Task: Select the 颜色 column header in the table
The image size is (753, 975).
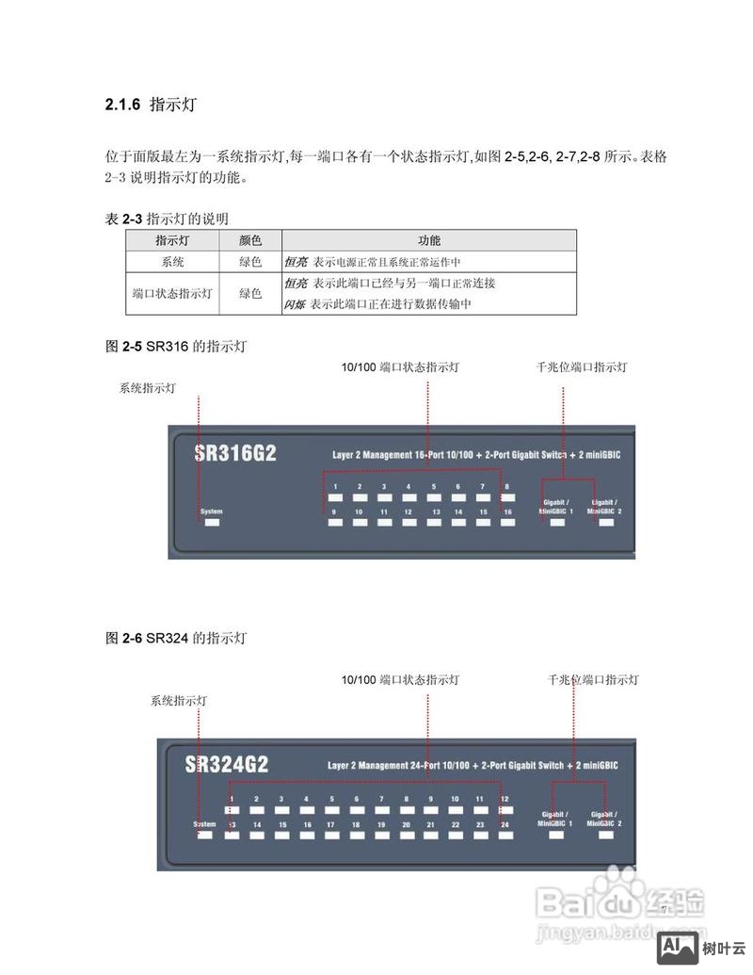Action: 250,241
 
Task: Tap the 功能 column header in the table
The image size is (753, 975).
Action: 429,241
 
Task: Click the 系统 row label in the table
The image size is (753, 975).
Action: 172,262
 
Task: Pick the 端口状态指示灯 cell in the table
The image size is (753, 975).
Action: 172,294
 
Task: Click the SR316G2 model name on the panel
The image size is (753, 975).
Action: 235,453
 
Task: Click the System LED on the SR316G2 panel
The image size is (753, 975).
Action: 212,521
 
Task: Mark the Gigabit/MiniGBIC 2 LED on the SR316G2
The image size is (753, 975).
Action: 605,521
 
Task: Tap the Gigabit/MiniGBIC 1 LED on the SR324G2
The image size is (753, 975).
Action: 556,835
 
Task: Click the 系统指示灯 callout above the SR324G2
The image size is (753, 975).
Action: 180,701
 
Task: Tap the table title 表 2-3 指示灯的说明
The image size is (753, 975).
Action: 167,219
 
